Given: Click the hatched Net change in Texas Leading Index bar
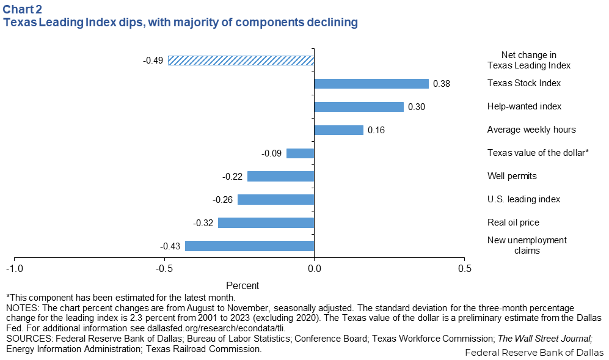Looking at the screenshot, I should (x=241, y=60).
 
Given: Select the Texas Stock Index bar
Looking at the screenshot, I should (x=371, y=84).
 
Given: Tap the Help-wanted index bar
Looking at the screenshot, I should (x=359, y=107).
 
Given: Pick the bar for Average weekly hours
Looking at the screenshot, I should (x=338, y=130).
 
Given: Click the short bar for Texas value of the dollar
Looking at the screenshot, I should (x=300, y=153).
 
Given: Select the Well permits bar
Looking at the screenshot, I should (x=280, y=176).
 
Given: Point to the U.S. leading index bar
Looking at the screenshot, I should (x=275, y=199).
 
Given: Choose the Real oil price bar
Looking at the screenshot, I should (x=266, y=222).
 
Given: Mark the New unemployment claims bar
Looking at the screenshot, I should (x=249, y=246).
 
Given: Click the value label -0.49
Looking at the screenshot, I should (x=153, y=60).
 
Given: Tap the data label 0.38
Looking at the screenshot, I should (x=441, y=84).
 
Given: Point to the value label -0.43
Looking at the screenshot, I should (x=170, y=246).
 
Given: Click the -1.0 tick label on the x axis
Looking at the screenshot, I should (x=15, y=269).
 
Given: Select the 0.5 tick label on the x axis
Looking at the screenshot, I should (x=464, y=269).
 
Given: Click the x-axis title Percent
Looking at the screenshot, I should (x=243, y=285).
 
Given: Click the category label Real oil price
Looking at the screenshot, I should (x=513, y=222).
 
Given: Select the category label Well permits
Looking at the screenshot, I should (x=512, y=176).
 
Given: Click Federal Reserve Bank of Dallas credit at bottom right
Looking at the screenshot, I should (x=534, y=353).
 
